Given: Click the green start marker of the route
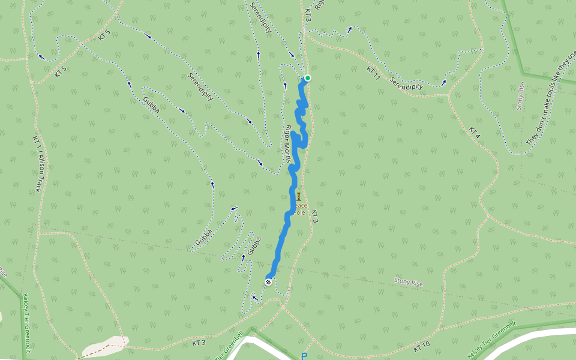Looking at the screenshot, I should pyautogui.click(x=307, y=78).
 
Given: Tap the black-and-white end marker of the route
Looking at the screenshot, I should pyautogui.click(x=268, y=282).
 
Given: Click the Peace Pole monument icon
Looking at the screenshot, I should pyautogui.click(x=299, y=196).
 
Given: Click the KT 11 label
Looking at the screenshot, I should pyautogui.click(x=374, y=74).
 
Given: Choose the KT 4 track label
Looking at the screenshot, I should pyautogui.click(x=475, y=132).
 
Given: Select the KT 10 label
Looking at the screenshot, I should pyautogui.click(x=422, y=346).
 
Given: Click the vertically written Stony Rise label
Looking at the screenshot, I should pyautogui.click(x=520, y=96).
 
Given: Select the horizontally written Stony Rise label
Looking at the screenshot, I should pyautogui.click(x=409, y=281).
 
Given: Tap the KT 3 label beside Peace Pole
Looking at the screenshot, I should pyautogui.click(x=314, y=217).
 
